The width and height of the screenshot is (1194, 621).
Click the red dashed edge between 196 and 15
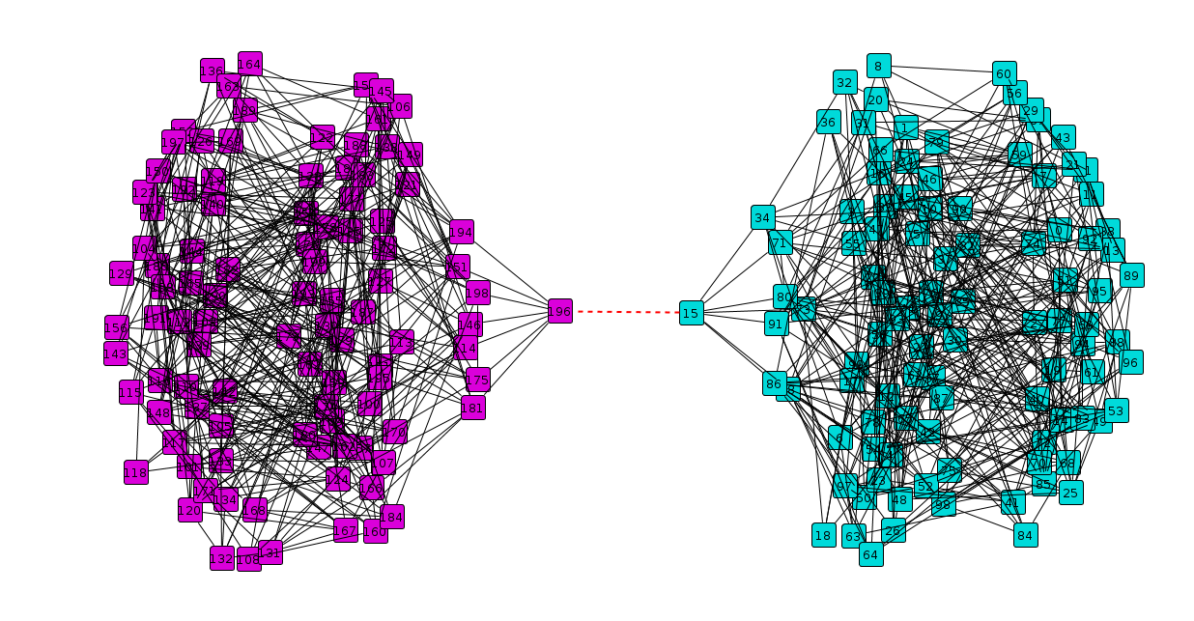pyautogui.click(x=625, y=312)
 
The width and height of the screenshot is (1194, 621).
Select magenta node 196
pyautogui.click(x=559, y=311)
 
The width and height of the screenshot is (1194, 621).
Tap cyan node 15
pyautogui.click(x=691, y=313)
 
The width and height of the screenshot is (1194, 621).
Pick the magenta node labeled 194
pyautogui.click(x=461, y=233)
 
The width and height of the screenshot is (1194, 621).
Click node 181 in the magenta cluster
pyautogui.click(x=472, y=408)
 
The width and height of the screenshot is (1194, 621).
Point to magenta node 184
pyautogui.click(x=391, y=517)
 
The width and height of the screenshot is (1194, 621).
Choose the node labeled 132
pyautogui.click(x=222, y=558)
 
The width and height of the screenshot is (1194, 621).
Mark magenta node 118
pyautogui.click(x=136, y=472)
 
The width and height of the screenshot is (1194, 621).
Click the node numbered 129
pyautogui.click(x=122, y=274)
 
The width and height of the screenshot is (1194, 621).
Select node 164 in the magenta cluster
pyautogui.click(x=250, y=65)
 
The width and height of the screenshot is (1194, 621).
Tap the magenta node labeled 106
pyautogui.click(x=399, y=105)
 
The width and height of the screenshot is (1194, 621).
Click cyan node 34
pyautogui.click(x=763, y=217)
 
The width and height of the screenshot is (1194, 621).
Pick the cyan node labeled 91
pyautogui.click(x=776, y=324)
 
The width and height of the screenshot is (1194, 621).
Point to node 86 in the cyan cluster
pyautogui.click(x=774, y=383)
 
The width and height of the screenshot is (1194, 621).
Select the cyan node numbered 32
pyautogui.click(x=845, y=82)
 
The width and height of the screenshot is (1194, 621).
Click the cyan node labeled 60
pyautogui.click(x=1004, y=74)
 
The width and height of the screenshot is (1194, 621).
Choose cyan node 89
pyautogui.click(x=1131, y=275)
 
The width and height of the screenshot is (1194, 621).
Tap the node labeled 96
pyautogui.click(x=1130, y=363)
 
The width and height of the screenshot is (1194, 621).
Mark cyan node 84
pyautogui.click(x=1025, y=535)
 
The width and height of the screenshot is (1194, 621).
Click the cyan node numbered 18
pyautogui.click(x=823, y=535)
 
